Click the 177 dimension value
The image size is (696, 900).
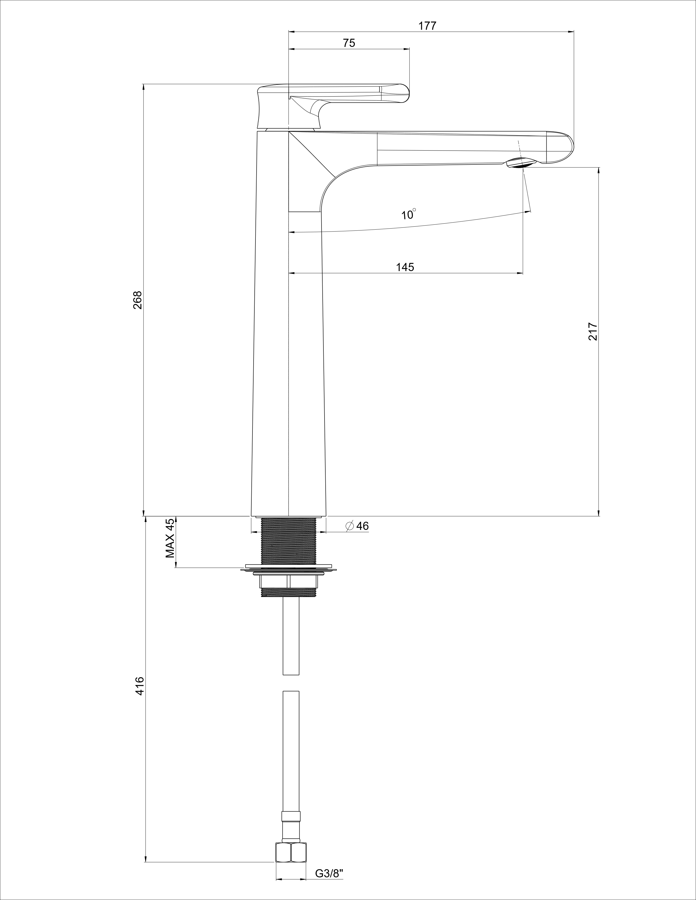427,26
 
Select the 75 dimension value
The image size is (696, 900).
349,43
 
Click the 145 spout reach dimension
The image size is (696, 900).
405,267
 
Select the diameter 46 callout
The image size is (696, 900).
357,526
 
